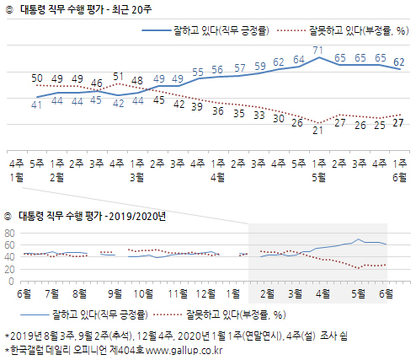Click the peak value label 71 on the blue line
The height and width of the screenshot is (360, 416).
coord(317,51)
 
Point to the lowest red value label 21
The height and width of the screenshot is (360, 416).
coord(317,130)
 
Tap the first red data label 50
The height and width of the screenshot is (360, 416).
coord(36,78)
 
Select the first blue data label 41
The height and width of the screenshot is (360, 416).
coord(36,105)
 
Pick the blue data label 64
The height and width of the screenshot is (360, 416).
coord(297,59)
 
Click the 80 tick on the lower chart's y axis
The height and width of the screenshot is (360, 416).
coord(11,233)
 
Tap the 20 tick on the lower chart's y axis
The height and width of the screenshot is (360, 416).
coord(11,268)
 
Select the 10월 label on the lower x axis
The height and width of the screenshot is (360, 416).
coord(143,293)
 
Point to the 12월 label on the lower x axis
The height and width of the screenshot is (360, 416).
coord(203,293)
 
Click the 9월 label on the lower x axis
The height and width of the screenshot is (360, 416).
coord(114,293)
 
